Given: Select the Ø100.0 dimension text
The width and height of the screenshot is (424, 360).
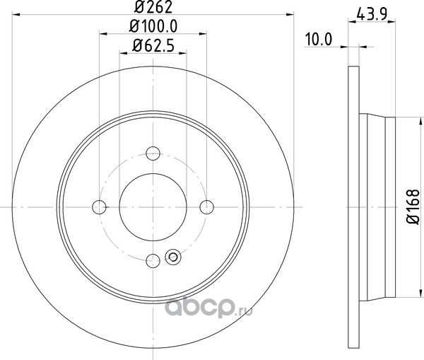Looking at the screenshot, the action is tap(153, 26).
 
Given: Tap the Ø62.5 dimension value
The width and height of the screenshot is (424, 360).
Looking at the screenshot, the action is tap(153, 46).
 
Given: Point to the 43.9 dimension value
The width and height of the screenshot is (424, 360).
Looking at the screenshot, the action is tap(372, 14).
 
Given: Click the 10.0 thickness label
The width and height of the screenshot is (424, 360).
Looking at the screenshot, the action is tap(319, 40).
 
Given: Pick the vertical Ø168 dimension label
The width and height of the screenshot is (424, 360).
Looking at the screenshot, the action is tap(413, 207).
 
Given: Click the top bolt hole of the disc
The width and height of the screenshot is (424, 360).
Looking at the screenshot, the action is tap(153, 153).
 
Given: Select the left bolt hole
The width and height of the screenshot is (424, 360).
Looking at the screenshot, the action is tap(99, 207).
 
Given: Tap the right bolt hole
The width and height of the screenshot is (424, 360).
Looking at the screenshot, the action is tap(207, 207).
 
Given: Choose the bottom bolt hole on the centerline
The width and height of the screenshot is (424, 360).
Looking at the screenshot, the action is tap(153, 261).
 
